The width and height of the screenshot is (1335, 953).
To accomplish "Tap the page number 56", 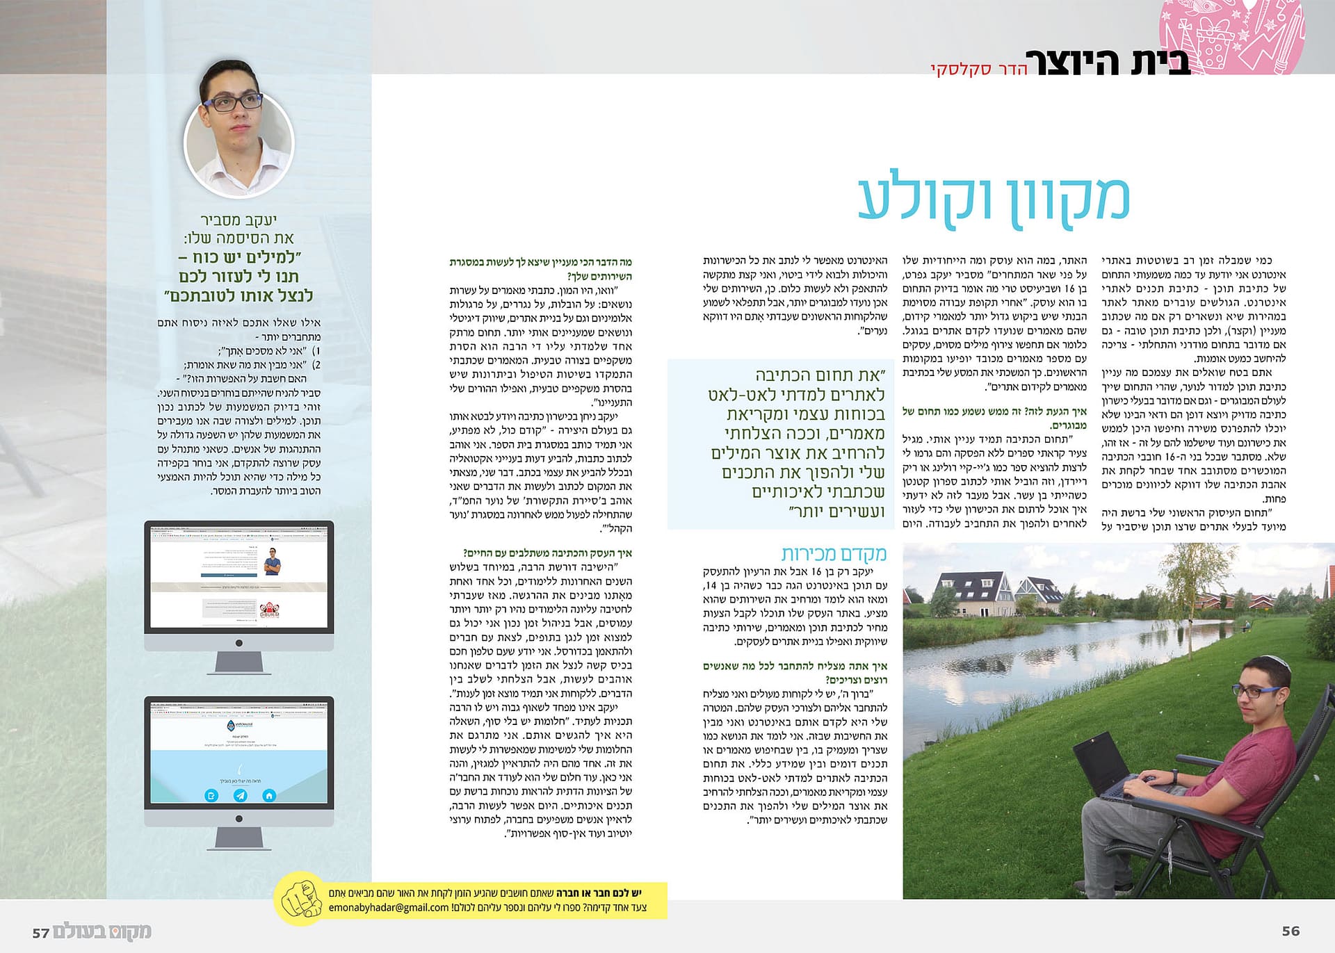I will (1290, 931).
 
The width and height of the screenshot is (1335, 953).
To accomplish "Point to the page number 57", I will (41, 933).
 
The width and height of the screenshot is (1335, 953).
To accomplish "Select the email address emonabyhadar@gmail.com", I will (389, 907).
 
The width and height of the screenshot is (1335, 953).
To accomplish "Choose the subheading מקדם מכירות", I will (834, 553).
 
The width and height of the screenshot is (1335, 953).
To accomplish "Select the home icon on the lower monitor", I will (269, 795).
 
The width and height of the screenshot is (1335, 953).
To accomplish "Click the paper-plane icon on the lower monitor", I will (240, 795).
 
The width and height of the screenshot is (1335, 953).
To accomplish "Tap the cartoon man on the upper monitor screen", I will (273, 562).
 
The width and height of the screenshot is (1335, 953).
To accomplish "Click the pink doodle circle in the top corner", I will (1231, 35).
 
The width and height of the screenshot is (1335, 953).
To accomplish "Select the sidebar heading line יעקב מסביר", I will (238, 220).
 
